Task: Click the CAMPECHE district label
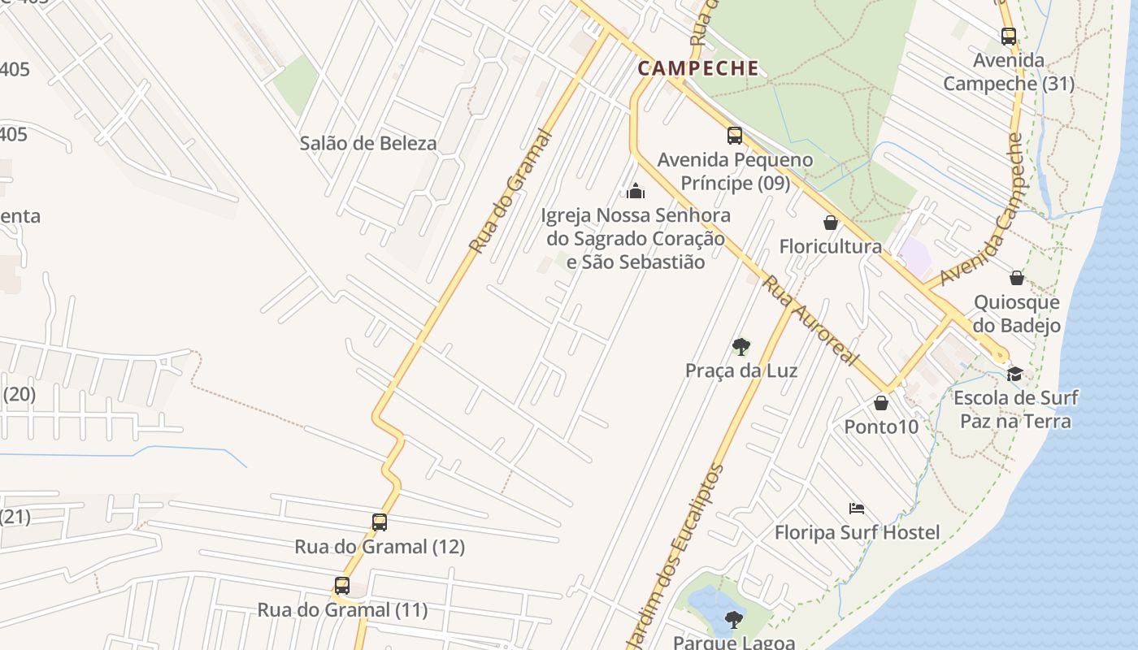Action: pyautogui.click(x=698, y=68)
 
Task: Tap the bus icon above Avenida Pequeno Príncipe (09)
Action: pyautogui.click(x=735, y=136)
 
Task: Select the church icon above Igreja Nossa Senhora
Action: pyautogui.click(x=636, y=192)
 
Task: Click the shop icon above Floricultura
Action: pyautogui.click(x=831, y=223)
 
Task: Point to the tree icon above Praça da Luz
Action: pyautogui.click(x=741, y=347)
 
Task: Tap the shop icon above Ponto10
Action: pyautogui.click(x=881, y=403)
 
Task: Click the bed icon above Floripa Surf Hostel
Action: pyautogui.click(x=856, y=509)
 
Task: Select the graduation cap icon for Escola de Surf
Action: pyautogui.click(x=1014, y=374)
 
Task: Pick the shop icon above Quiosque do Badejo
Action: pyautogui.click(x=1017, y=279)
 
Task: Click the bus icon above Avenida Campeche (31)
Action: pyautogui.click(x=1009, y=37)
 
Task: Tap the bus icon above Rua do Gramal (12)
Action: pyautogui.click(x=380, y=522)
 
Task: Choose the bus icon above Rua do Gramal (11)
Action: pyautogui.click(x=342, y=586)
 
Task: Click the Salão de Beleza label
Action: pyautogui.click(x=368, y=144)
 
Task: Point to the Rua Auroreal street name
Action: pyautogui.click(x=810, y=321)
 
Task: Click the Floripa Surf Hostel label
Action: pyautogui.click(x=857, y=533)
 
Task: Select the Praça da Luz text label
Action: pyautogui.click(x=741, y=371)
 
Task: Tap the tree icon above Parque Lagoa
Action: pyautogui.click(x=734, y=620)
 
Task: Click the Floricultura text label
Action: pyautogui.click(x=831, y=246)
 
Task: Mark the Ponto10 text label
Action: pyautogui.click(x=881, y=427)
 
